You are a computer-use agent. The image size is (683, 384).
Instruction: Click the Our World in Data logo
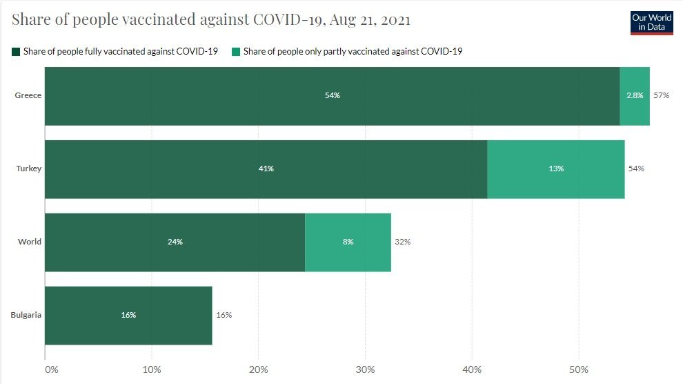click(651, 22)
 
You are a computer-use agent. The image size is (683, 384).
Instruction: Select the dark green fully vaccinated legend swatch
click(17, 52)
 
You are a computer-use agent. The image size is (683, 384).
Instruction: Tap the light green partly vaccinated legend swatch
click(237, 52)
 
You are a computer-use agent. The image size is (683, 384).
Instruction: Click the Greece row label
click(28, 95)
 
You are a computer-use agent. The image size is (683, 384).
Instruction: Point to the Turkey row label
click(29, 169)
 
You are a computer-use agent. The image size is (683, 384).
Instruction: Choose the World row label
click(30, 242)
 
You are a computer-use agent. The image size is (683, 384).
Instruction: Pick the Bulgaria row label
click(26, 315)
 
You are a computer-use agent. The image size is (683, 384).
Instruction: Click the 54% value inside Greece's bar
click(332, 95)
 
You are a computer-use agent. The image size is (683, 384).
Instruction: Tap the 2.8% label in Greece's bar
click(635, 95)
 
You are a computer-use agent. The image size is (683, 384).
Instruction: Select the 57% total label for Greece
click(662, 95)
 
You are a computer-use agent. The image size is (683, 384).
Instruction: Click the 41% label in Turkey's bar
click(266, 169)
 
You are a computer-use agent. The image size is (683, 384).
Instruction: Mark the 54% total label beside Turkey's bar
click(636, 169)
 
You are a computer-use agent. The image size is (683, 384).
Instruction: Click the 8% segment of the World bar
click(348, 242)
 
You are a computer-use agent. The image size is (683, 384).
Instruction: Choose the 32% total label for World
click(402, 242)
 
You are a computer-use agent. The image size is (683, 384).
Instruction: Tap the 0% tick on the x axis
click(52, 369)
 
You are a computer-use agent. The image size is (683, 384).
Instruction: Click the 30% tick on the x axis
click(366, 369)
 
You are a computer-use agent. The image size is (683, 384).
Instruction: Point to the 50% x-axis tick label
click(579, 369)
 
